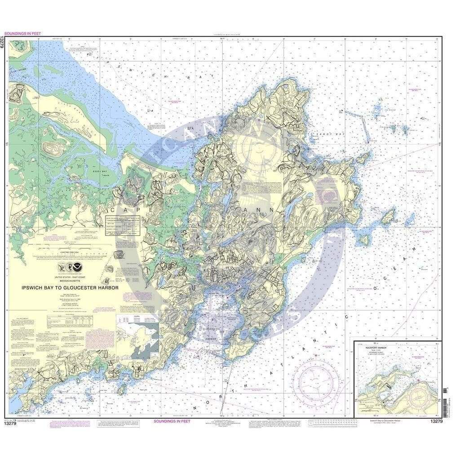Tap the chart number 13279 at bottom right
pyautogui.click(x=438, y=421)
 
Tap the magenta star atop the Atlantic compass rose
pyautogui.click(x=316, y=356)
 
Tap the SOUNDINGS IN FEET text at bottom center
pyautogui.click(x=172, y=421)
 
